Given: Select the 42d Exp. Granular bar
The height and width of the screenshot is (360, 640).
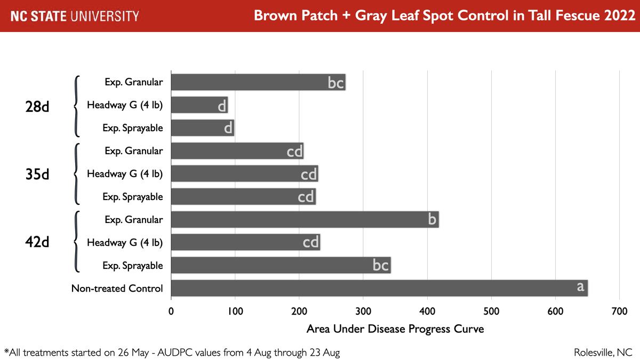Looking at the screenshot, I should coord(304,220).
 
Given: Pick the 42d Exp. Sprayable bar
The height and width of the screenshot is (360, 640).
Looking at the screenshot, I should coord(281,265).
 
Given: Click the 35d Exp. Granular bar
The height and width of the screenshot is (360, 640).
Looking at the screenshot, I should coord(237,151).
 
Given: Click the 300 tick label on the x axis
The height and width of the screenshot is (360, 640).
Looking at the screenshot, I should coord(363,311).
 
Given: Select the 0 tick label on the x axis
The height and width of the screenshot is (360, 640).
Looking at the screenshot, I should coord(171,311).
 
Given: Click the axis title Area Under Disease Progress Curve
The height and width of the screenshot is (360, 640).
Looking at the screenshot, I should coord(395,329).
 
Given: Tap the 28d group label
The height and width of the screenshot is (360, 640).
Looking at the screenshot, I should coord(37,106).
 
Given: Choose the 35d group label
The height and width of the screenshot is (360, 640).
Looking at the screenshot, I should coord(37,174).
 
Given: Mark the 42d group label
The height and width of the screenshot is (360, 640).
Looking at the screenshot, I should coord(37,242).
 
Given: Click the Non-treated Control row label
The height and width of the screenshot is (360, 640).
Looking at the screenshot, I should coord(117,289).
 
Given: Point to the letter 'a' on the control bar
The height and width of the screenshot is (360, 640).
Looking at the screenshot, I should coord(580,287).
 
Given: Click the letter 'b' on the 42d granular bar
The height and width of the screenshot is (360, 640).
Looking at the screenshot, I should coord(433,219).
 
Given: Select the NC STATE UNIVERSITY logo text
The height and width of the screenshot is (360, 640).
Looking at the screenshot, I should coord(75,16).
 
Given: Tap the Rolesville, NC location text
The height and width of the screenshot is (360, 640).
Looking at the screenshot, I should coord(603,353).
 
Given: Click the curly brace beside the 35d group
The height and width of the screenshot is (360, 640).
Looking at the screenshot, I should coord(77,174).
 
